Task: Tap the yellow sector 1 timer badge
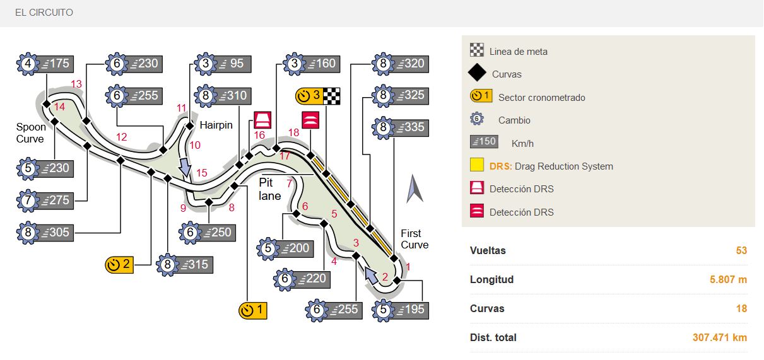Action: [x=254, y=310]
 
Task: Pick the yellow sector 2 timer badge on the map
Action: [x=119, y=264]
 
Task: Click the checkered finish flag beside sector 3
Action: [x=332, y=96]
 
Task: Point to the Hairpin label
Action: [x=216, y=125]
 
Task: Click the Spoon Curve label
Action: [x=30, y=133]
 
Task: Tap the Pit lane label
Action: [x=270, y=189]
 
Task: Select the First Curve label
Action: [x=414, y=239]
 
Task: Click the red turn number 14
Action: [x=60, y=107]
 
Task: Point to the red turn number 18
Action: [x=293, y=132]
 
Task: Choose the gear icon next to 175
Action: [x=28, y=64]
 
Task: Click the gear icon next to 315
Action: [x=168, y=264]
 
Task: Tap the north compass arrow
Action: [x=414, y=189]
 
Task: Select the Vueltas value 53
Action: [x=741, y=250]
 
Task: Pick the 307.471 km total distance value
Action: [x=719, y=337]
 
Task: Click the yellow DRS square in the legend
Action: [x=477, y=166]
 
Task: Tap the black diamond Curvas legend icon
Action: [x=477, y=74]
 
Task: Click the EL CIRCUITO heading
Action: [x=44, y=13]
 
